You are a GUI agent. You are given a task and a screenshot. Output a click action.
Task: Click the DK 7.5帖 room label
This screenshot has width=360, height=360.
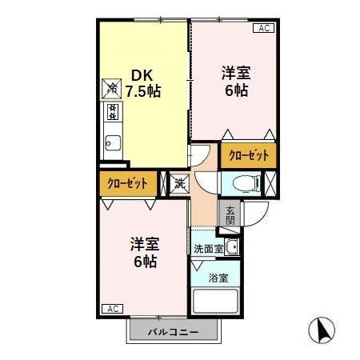(x=142, y=83)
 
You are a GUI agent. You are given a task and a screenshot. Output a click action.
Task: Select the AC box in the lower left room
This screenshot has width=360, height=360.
(x=112, y=308)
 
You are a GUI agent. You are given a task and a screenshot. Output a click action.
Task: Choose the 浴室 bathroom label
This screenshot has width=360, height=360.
(x=218, y=278)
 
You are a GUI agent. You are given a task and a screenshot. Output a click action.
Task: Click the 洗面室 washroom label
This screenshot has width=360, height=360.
(x=208, y=249)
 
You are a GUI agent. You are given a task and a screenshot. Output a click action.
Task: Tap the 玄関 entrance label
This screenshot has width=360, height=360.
(x=230, y=213)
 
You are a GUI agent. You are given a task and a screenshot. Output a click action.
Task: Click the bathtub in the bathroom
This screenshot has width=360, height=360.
(x=217, y=302)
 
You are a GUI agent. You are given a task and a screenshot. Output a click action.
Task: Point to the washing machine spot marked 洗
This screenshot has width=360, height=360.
(x=179, y=182)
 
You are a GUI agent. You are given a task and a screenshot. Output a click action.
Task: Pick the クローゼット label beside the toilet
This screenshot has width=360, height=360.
(x=249, y=155)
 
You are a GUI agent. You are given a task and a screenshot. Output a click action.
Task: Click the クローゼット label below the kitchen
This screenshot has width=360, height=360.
(x=128, y=183)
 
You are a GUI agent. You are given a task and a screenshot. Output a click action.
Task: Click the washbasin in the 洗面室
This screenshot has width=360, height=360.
(x=232, y=247)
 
